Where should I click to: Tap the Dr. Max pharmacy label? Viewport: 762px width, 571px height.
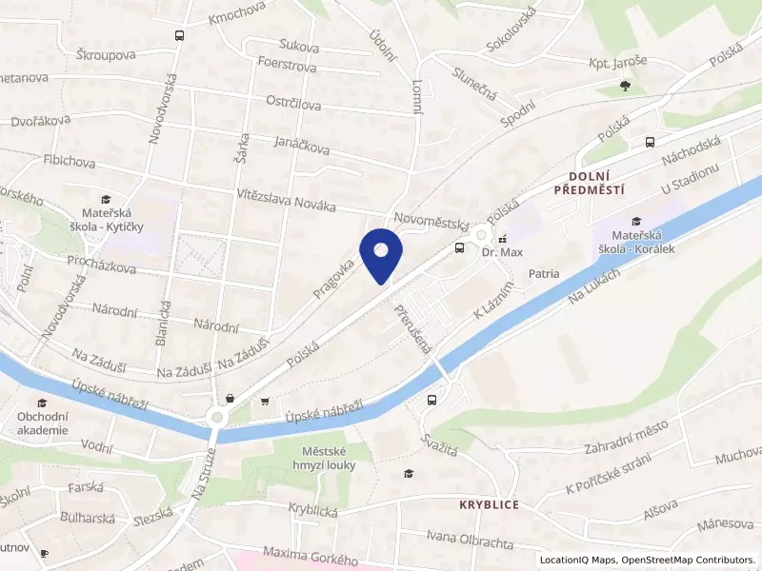coord(503,253)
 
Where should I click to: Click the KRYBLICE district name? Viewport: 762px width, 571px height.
coord(489,504)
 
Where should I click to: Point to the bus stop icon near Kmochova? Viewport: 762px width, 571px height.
coord(178,35)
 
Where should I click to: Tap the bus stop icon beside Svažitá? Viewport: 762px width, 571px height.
coord(433,401)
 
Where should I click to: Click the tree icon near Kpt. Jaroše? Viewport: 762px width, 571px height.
coord(624,87)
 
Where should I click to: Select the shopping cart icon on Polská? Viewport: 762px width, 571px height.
coord(264,401)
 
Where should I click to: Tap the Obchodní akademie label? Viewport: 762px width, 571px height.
coord(42,423)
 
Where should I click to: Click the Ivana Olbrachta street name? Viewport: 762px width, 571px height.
coord(470,540)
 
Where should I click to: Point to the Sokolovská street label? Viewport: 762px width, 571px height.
coord(511,28)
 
